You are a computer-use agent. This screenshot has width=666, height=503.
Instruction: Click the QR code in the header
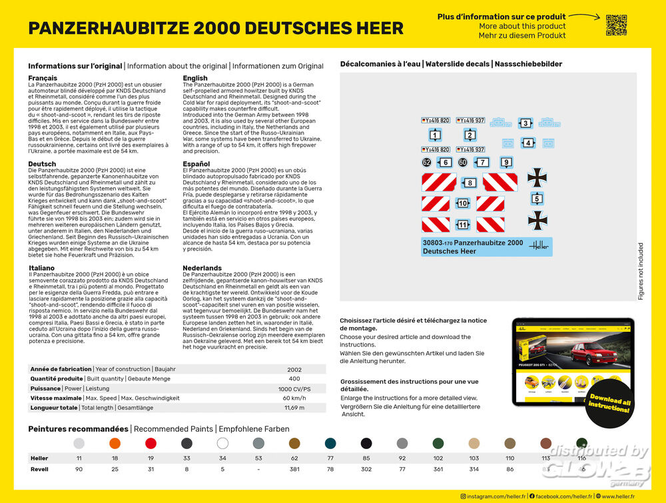coord(616,25)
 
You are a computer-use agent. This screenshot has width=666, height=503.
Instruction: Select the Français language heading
coord(43,79)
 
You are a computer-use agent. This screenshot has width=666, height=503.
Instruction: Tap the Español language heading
coord(196,164)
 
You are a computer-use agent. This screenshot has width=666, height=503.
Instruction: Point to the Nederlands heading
coord(202,268)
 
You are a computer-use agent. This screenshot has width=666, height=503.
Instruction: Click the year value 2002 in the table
coord(294,369)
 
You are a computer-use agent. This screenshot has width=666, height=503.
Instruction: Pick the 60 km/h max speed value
coord(294,398)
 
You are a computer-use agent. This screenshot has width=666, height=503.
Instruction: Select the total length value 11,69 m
coord(294,408)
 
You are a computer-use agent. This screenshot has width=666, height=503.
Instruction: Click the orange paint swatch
coord(115,444)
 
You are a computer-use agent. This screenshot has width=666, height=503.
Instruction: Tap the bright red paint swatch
coord(151,444)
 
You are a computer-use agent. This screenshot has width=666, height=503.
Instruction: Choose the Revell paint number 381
coord(294,469)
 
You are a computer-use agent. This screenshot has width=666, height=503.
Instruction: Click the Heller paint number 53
coord(258,458)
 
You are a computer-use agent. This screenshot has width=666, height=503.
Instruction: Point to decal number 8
coord(470,183)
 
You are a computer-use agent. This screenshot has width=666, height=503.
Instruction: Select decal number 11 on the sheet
coord(462,225)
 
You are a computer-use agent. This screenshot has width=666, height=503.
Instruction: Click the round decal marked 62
coord(426,163)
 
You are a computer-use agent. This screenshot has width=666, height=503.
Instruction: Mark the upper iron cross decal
coord(537,177)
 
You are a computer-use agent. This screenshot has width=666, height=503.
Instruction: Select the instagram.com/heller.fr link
coord(493,496)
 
